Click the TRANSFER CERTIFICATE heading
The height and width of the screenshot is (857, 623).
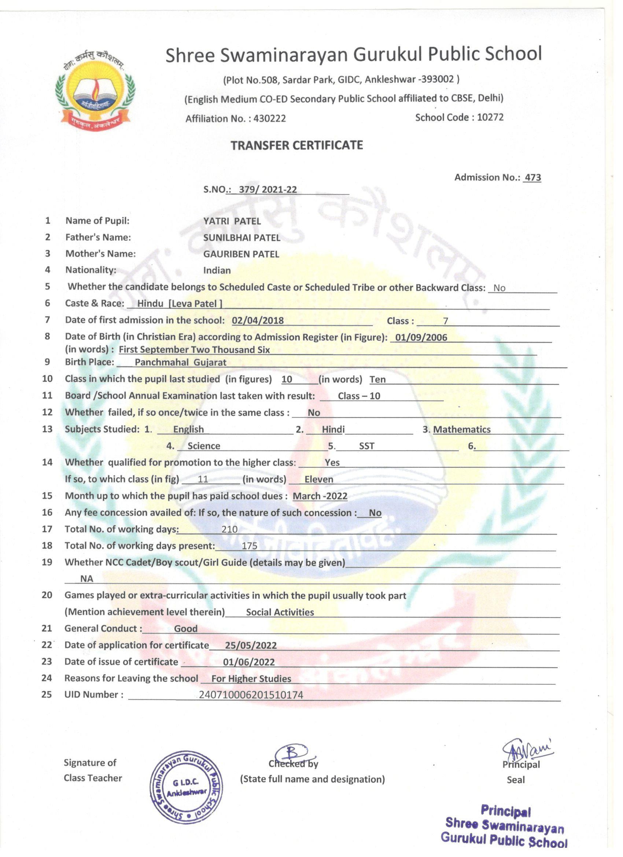point(296,146)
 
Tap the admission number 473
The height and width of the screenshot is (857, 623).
point(533,178)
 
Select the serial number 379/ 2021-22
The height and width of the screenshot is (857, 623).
point(268,189)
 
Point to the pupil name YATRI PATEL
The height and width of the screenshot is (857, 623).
point(232,221)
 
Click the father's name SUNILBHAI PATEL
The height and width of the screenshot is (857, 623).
point(242,238)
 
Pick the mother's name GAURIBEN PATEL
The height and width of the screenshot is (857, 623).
point(241,254)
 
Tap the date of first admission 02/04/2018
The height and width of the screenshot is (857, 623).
point(258,320)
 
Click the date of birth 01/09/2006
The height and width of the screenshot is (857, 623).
point(421,338)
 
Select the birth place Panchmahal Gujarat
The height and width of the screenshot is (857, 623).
point(181,363)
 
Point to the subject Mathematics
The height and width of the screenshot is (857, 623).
point(461,429)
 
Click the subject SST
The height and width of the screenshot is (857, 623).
point(366,446)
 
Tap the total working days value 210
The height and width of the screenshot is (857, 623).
point(229,529)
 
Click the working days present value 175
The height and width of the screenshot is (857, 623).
point(249,546)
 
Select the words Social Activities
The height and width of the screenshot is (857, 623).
point(280,612)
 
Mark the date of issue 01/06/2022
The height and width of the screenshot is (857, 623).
point(248,662)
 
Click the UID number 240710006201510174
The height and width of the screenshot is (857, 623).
point(251,695)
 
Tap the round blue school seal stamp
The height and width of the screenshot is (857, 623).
point(186,788)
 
